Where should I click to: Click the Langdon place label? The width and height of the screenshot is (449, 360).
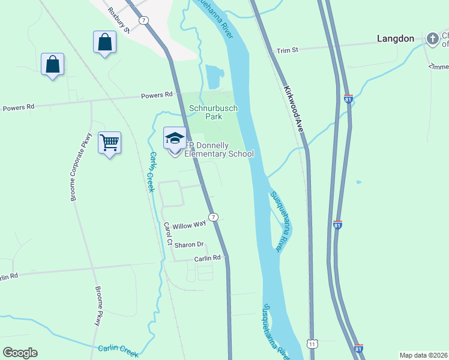(x=396, y=38)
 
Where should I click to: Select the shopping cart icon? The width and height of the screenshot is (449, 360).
(x=110, y=143)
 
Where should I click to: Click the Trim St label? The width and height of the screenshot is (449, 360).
(x=287, y=51)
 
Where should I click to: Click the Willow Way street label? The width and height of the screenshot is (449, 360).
(x=189, y=226)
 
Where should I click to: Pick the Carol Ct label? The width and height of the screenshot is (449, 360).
(x=168, y=235)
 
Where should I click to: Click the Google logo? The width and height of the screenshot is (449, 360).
(x=20, y=353)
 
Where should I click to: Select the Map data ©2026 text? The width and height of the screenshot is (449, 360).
(x=423, y=355)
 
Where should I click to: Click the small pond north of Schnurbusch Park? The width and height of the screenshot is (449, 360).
(x=214, y=77)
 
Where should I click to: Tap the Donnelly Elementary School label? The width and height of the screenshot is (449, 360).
(x=218, y=149)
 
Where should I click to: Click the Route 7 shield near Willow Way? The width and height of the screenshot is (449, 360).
(x=213, y=217)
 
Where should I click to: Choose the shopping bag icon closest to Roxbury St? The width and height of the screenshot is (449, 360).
(x=105, y=42)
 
